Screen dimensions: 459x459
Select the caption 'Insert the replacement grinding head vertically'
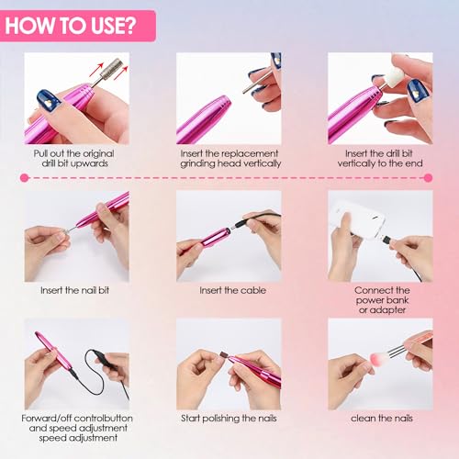[230, 157]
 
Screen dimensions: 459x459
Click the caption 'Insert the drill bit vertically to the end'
[380, 157]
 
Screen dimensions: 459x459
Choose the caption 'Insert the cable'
[229, 290]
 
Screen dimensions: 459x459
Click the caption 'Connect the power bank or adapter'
[380, 297]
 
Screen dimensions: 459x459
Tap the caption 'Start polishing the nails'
[229, 419]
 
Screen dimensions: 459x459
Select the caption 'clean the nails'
[380, 419]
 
